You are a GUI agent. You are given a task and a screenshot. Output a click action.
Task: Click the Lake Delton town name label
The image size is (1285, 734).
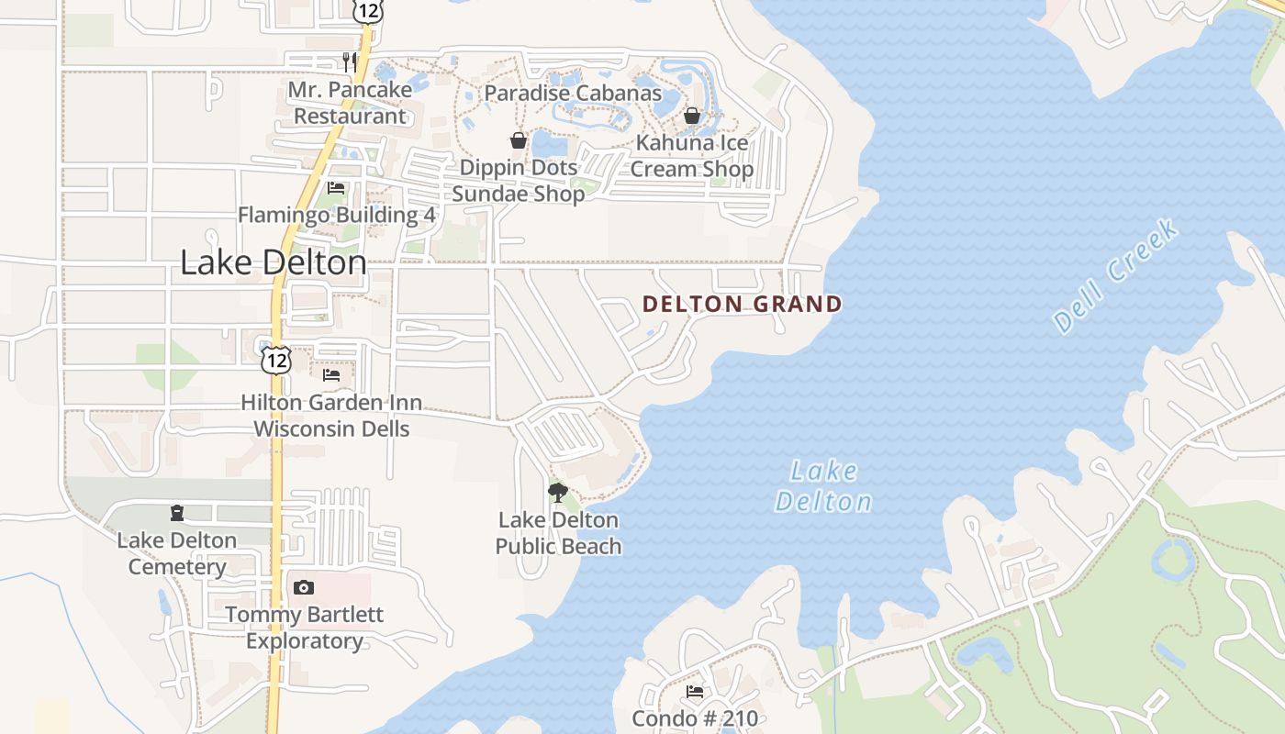[274, 263]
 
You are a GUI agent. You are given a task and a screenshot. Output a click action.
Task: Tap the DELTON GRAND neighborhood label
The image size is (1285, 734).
[742, 305]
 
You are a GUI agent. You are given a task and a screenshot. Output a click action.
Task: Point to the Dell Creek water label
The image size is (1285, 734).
[1116, 275]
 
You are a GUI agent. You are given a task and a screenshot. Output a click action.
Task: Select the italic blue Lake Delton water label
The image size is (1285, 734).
[823, 487]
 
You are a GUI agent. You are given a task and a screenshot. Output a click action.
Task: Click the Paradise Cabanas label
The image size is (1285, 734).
[573, 93]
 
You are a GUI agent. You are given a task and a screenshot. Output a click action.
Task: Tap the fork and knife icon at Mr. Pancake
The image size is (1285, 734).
[349, 61]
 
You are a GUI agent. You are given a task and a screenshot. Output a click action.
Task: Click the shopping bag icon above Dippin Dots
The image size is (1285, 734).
[519, 140]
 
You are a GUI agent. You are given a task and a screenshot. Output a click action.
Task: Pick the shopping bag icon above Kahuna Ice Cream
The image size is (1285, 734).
[692, 116]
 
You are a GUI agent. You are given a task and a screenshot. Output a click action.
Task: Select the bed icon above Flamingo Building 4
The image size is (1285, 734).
[336, 188]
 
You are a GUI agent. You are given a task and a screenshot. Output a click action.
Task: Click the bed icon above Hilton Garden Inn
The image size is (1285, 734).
[331, 374]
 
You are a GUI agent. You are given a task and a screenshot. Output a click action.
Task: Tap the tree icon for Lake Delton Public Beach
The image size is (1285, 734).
[558, 493]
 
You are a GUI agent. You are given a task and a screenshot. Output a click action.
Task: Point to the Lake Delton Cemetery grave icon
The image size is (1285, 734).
[177, 513]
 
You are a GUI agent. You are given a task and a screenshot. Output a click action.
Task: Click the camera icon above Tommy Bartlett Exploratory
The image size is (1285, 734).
[304, 587]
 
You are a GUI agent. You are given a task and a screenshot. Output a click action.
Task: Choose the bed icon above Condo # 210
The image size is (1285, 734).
[695, 691]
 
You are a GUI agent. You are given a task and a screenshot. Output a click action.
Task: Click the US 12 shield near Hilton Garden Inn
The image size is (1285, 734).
[275, 360]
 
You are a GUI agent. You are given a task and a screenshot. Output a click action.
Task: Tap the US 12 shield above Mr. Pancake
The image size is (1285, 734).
[365, 9]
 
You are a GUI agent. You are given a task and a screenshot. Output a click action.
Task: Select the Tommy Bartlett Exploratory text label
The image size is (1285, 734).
[305, 628]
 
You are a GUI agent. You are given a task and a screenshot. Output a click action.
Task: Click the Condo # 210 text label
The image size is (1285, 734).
[695, 717]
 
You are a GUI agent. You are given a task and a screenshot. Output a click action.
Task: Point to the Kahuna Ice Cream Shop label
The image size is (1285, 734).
[691, 156]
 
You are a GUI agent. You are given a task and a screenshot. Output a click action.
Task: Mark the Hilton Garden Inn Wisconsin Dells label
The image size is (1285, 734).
[331, 416]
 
